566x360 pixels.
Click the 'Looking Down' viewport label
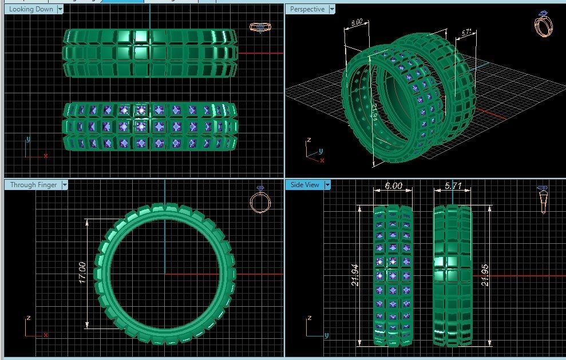31,9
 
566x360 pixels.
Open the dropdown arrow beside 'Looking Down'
60,9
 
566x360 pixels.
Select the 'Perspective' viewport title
307,9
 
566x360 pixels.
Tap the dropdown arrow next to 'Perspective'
331,9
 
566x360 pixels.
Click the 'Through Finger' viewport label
33,185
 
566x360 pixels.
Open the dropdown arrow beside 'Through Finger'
65,185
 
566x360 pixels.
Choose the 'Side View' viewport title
304,185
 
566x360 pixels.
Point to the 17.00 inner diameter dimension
82,274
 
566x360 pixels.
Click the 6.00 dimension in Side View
393,187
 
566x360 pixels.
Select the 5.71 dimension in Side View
453,187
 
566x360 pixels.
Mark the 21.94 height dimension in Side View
356,275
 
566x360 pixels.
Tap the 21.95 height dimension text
485,275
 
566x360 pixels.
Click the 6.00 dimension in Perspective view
356,23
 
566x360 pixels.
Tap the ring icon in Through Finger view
260,200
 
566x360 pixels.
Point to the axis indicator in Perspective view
314,151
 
